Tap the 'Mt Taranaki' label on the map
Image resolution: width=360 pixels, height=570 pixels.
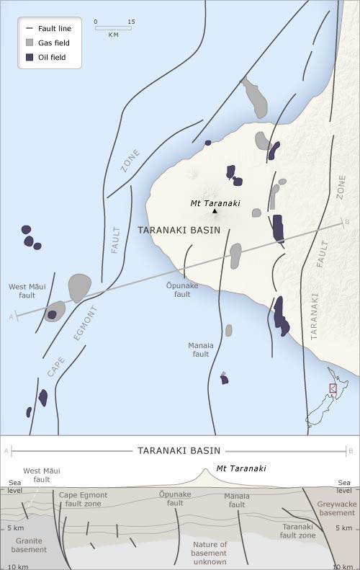(215, 202)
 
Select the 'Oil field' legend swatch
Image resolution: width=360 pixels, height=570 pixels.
(30, 57)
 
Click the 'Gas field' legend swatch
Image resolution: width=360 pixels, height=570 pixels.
(30, 43)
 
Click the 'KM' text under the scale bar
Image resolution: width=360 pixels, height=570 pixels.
(113, 35)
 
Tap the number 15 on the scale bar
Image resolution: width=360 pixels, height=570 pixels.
(130, 22)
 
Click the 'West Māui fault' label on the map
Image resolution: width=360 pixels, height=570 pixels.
(22, 290)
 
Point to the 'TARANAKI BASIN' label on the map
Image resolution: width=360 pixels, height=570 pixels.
(174, 230)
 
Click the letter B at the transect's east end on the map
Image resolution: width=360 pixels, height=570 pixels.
(347, 222)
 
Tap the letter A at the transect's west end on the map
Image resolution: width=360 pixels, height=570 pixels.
(10, 316)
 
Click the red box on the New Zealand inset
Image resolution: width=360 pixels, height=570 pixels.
(333, 388)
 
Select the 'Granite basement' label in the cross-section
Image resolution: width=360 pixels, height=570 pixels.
(29, 545)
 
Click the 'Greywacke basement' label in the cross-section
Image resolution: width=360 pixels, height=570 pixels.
(336, 509)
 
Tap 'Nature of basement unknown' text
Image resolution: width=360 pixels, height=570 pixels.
(210, 553)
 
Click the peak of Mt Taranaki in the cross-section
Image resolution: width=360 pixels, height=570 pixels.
(207, 471)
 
